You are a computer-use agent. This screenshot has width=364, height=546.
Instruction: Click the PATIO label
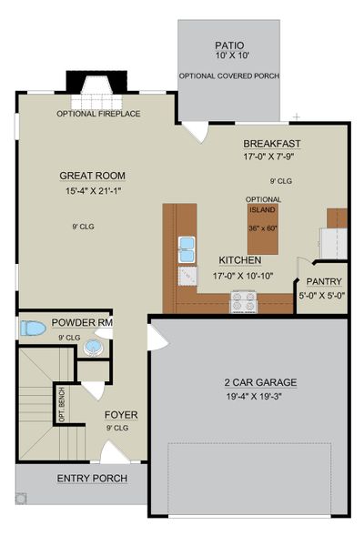pos(228,44)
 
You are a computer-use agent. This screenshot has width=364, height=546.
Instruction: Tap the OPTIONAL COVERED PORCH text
pos(228,76)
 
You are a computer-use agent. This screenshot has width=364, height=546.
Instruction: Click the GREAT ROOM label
pos(92,176)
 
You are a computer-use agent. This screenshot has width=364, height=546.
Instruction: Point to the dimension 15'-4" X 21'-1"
pos(92,191)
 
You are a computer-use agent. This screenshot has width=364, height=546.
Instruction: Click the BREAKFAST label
pos(271,144)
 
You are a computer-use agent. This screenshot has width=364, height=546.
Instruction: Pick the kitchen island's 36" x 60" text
pos(263,227)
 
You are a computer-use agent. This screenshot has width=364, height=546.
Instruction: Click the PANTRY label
pos(323,282)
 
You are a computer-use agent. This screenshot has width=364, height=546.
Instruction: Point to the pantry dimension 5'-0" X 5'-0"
pos(323,296)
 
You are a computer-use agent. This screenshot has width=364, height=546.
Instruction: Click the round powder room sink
pos(94,347)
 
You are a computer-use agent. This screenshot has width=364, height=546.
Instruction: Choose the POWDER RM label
pos(82,322)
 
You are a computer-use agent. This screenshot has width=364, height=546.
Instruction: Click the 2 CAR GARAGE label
pos(247,382)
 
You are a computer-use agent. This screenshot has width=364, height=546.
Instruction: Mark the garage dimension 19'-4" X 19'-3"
pos(247,398)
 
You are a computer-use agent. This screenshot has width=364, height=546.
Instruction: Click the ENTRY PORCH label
pos(92,479)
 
